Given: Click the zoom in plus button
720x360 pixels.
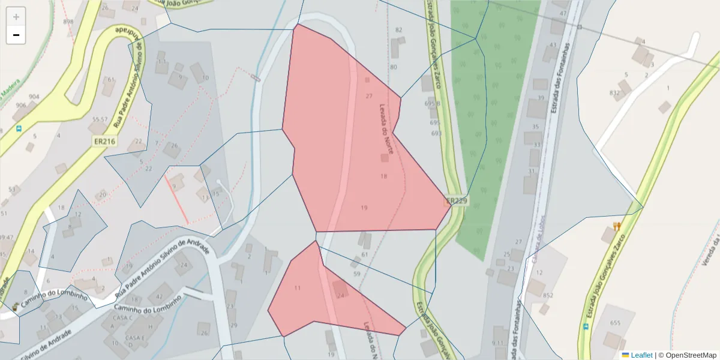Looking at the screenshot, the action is [x=16, y=17].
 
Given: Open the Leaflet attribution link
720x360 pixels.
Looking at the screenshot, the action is [x=641, y=355].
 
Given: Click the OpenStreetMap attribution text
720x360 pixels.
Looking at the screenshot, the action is [x=691, y=355].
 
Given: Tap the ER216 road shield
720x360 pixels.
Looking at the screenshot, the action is [x=104, y=141].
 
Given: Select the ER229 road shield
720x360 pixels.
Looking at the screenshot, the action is [x=457, y=201].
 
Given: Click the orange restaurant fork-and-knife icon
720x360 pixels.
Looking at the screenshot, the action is [x=616, y=226].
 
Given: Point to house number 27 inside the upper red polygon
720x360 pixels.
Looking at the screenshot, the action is [x=368, y=96].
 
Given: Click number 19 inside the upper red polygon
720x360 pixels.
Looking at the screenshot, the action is [x=364, y=208].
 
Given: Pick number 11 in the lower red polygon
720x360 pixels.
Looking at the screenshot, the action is [x=298, y=288].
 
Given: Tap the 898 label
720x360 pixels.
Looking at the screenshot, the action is [x=68, y=22].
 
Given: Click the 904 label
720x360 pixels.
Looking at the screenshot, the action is [x=34, y=97].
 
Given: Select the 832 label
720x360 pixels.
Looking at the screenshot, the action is [x=614, y=93].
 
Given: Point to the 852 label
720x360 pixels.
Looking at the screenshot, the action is [x=548, y=295].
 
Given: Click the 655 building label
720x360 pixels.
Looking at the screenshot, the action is [x=615, y=323].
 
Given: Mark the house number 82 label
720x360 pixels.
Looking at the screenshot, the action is [x=399, y=30].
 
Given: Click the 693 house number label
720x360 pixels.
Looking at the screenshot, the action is [x=436, y=133].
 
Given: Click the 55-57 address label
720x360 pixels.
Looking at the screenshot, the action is [x=99, y=119].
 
